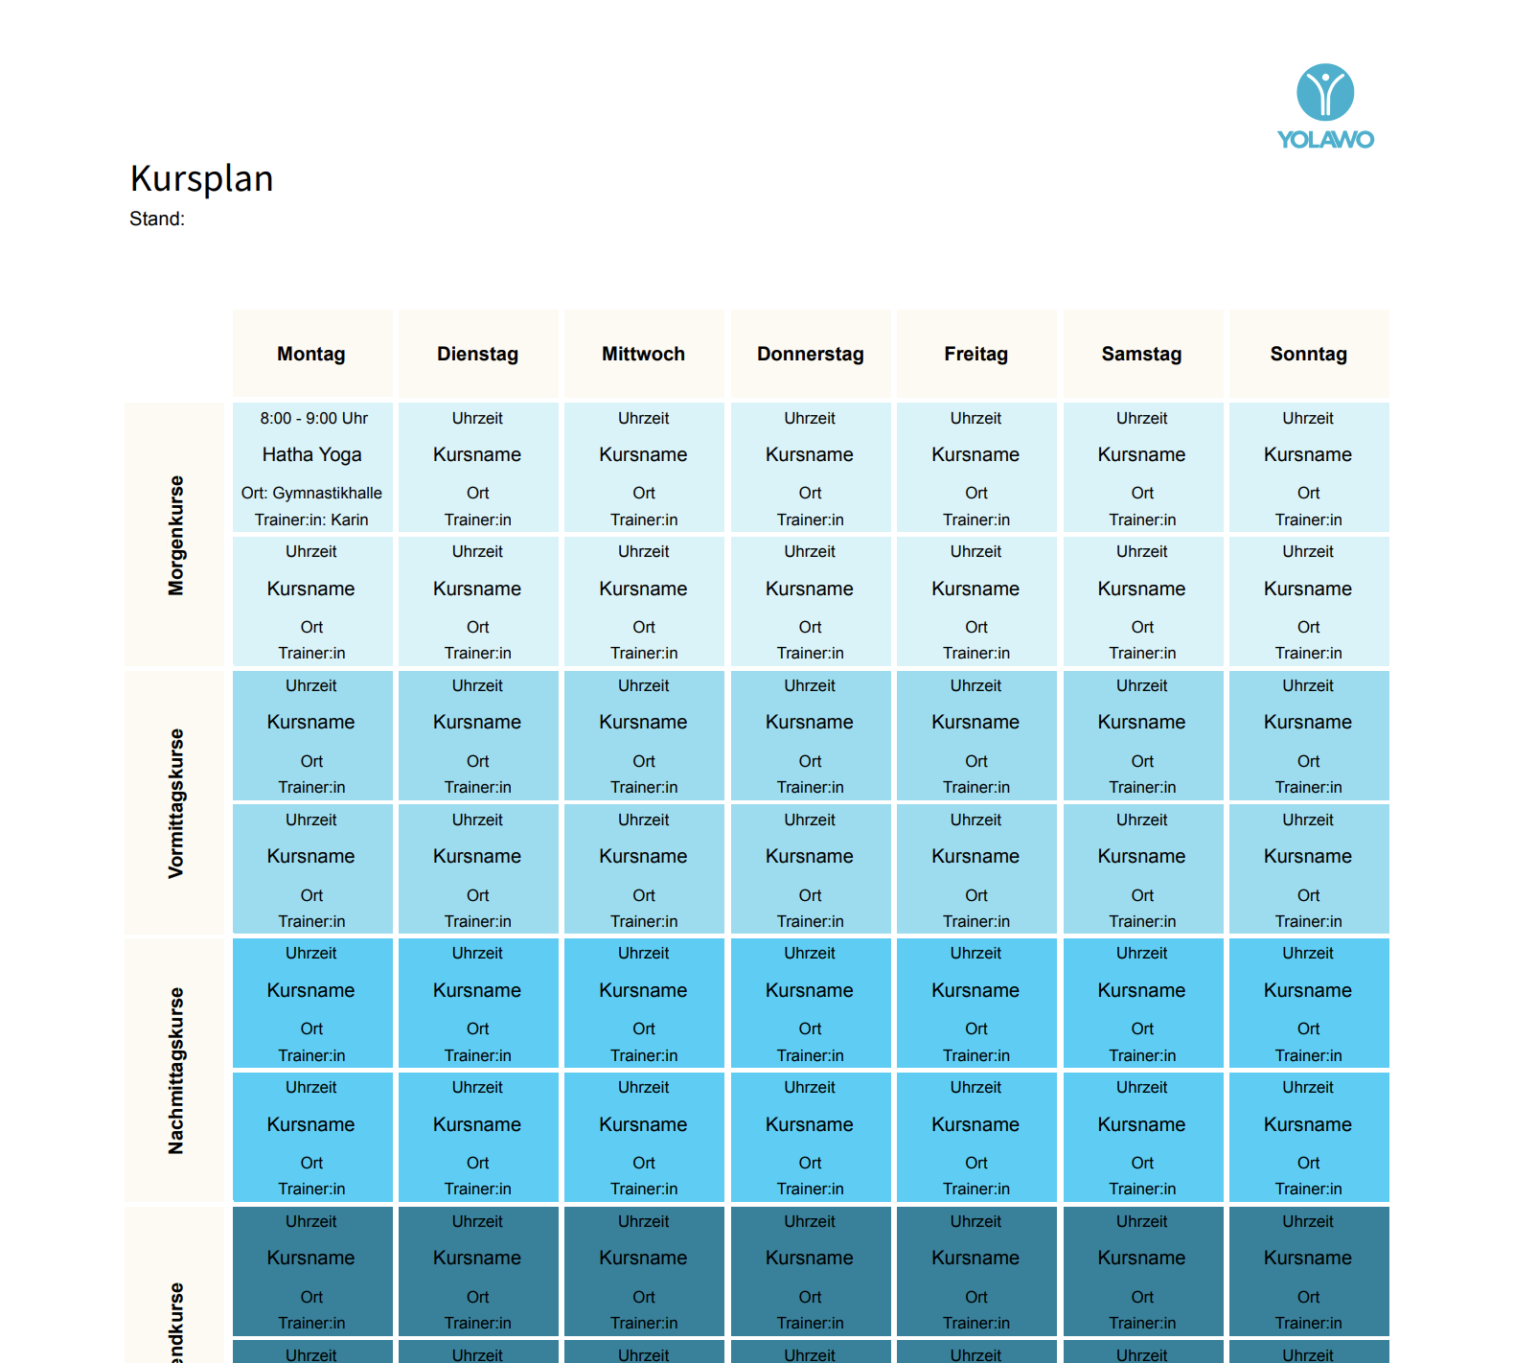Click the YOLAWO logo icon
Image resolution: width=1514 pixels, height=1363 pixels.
1325,92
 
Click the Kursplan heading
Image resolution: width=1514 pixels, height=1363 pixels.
202,178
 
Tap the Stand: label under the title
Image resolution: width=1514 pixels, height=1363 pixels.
157,219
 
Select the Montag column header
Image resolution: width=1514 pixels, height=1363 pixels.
311,354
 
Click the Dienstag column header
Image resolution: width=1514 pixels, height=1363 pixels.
477,354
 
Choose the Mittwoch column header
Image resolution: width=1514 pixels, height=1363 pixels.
643,354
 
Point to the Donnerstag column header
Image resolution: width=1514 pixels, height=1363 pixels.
810,354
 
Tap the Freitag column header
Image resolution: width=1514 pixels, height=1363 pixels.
975,354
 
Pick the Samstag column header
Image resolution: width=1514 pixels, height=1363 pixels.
1141,354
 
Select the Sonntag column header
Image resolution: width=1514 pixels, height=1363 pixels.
1308,354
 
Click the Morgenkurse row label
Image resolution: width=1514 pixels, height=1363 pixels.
175,535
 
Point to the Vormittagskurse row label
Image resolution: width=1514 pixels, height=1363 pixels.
175,803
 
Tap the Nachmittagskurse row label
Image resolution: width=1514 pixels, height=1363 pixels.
175,1071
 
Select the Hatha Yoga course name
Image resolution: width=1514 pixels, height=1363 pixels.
311,454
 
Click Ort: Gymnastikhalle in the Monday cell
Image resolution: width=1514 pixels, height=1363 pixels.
311,493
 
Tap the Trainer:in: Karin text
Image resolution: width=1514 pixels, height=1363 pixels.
311,520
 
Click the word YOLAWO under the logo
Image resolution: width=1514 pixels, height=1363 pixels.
1325,140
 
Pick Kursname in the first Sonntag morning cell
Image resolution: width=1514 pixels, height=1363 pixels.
1307,454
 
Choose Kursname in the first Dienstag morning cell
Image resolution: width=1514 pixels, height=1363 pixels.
477,454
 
